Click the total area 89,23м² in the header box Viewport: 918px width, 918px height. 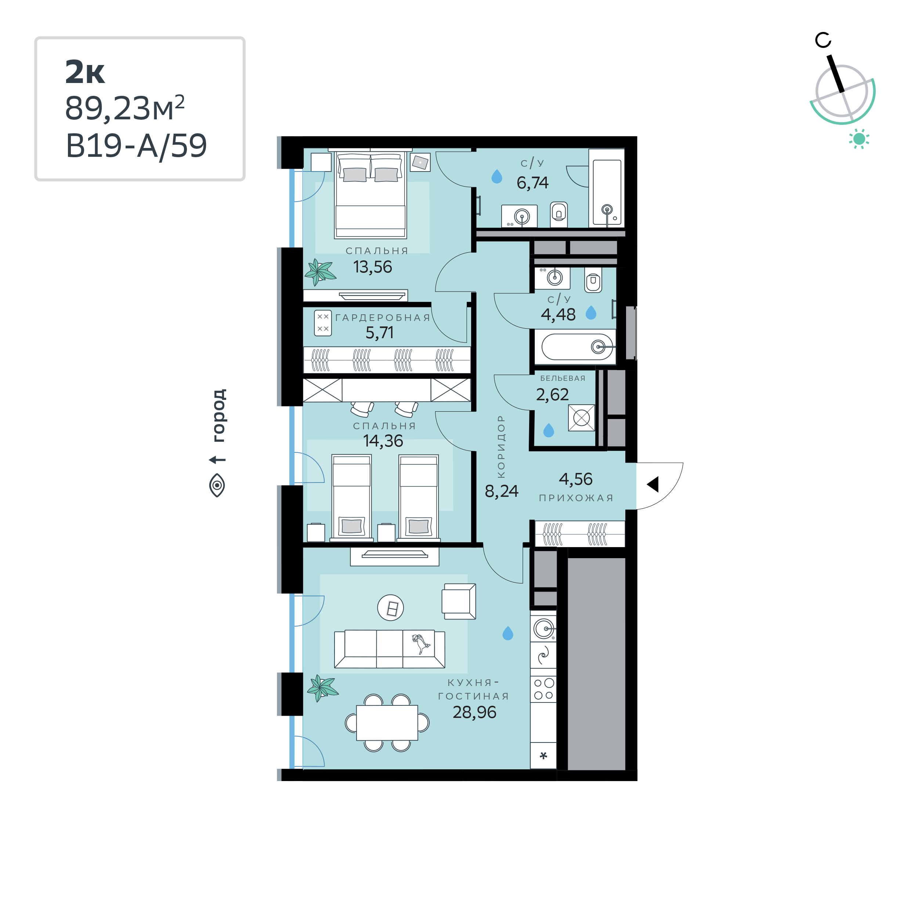[x=124, y=108]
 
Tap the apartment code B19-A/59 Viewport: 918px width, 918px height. [x=136, y=145]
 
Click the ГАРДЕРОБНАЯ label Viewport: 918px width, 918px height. [x=383, y=318]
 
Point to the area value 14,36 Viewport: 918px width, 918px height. [x=383, y=441]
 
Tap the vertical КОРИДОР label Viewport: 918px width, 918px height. [x=501, y=447]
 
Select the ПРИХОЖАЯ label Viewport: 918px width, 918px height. [x=576, y=498]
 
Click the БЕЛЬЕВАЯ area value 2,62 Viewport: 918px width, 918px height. [x=552, y=395]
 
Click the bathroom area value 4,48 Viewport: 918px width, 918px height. [x=558, y=315]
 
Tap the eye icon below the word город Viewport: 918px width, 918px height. [x=217, y=485]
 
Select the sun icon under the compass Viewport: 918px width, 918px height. [x=859, y=139]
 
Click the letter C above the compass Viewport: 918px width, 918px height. [x=823, y=40]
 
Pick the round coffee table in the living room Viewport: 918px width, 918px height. [x=391, y=608]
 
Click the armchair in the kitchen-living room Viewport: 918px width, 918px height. [x=459, y=601]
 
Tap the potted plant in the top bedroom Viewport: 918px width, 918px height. [x=320, y=272]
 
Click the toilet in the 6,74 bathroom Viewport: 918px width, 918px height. [x=559, y=215]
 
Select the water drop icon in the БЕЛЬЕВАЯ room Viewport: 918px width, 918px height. [x=549, y=430]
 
